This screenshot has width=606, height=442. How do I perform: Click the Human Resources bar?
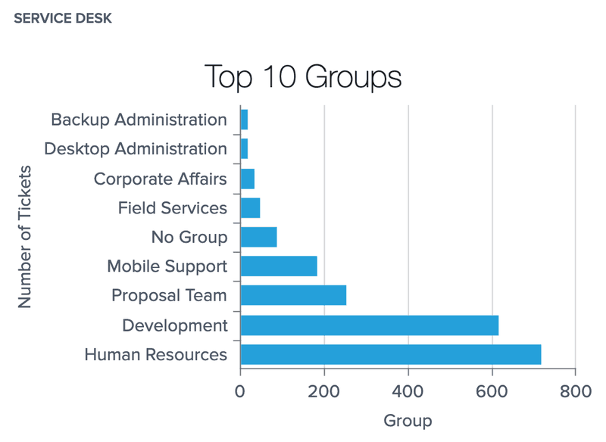(391, 354)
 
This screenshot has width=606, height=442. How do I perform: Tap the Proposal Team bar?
(293, 295)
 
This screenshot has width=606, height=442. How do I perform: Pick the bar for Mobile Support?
(279, 266)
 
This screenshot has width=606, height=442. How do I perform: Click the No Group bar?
(258, 237)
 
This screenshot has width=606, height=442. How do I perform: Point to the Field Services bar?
(250, 207)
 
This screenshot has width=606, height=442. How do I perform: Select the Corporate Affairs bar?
(247, 179)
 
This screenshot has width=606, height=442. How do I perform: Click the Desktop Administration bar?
(244, 149)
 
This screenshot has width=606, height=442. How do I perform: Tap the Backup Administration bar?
(244, 120)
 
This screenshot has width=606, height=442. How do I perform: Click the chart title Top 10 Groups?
(303, 77)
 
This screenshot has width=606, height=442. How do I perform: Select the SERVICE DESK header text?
(63, 18)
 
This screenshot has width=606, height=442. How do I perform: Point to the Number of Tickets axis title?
(25, 236)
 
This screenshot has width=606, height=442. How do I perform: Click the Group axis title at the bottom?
(408, 421)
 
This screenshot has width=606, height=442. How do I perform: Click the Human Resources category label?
(155, 354)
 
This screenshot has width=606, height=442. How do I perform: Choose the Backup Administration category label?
(139, 120)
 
